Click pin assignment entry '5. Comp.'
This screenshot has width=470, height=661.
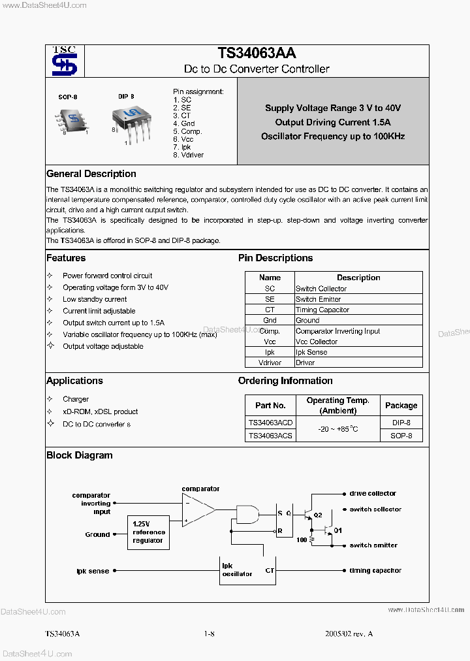(187, 131)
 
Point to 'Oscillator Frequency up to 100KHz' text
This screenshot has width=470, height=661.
(333, 137)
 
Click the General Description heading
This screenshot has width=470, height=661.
(91, 174)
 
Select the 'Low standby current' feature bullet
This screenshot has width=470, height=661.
(95, 299)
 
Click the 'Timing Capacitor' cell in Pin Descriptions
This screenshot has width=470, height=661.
(322, 310)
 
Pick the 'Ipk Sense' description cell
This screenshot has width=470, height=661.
(311, 352)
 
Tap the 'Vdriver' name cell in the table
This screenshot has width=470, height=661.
(270, 363)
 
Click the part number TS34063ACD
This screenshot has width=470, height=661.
(270, 423)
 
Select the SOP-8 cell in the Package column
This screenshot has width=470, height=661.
(401, 435)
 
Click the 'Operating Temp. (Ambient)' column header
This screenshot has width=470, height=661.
(337, 405)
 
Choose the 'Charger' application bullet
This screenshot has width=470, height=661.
(76, 399)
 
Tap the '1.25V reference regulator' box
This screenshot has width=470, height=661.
(149, 532)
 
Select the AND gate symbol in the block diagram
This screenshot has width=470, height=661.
(247, 515)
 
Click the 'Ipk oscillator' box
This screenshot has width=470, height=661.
(237, 570)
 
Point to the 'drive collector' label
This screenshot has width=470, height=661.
(373, 494)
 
